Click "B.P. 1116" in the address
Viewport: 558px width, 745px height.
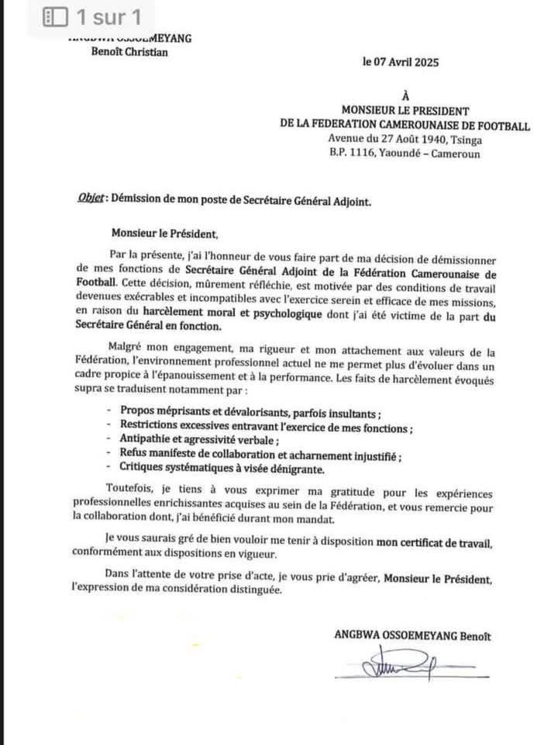[x=353, y=154]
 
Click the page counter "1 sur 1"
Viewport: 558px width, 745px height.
[x=108, y=16]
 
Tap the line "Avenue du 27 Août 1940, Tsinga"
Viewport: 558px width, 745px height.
[x=405, y=140]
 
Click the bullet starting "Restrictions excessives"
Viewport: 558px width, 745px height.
[x=266, y=425]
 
